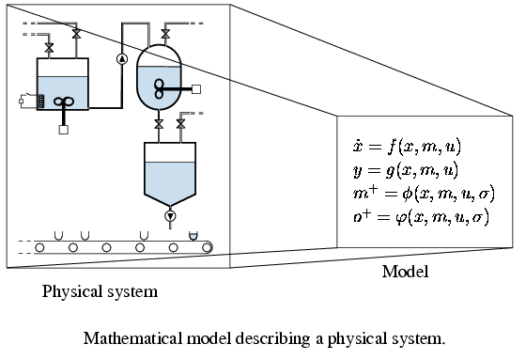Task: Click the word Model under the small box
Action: point(405,272)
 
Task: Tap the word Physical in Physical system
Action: point(73,291)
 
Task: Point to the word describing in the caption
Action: point(272,338)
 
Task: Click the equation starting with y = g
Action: point(406,170)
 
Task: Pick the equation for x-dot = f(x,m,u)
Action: point(407,147)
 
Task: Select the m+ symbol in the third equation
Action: point(365,193)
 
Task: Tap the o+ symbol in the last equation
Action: point(363,216)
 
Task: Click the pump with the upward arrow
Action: point(122,59)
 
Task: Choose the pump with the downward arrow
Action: point(170,216)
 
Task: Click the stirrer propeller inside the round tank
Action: point(159,89)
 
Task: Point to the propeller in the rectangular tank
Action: point(64,102)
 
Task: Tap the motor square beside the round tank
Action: point(196,89)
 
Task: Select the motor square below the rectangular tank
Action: point(64,130)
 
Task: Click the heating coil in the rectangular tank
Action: point(40,102)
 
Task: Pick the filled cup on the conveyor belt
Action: point(193,236)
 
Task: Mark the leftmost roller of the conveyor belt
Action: point(39,248)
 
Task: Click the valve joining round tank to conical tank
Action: point(159,124)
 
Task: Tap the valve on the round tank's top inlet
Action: point(165,34)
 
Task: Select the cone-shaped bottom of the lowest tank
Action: point(170,199)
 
